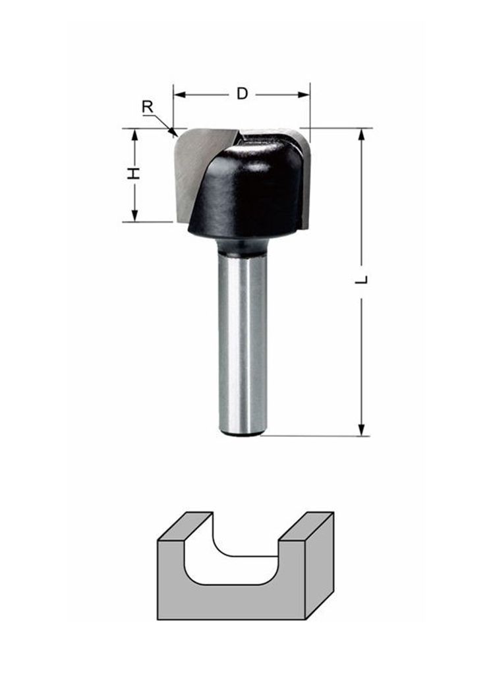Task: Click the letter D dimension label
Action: point(243,94)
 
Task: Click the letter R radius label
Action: point(148,107)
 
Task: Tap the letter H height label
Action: point(134,173)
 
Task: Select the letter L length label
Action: point(362,279)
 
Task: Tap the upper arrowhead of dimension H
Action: point(134,134)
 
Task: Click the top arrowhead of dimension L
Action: point(362,134)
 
